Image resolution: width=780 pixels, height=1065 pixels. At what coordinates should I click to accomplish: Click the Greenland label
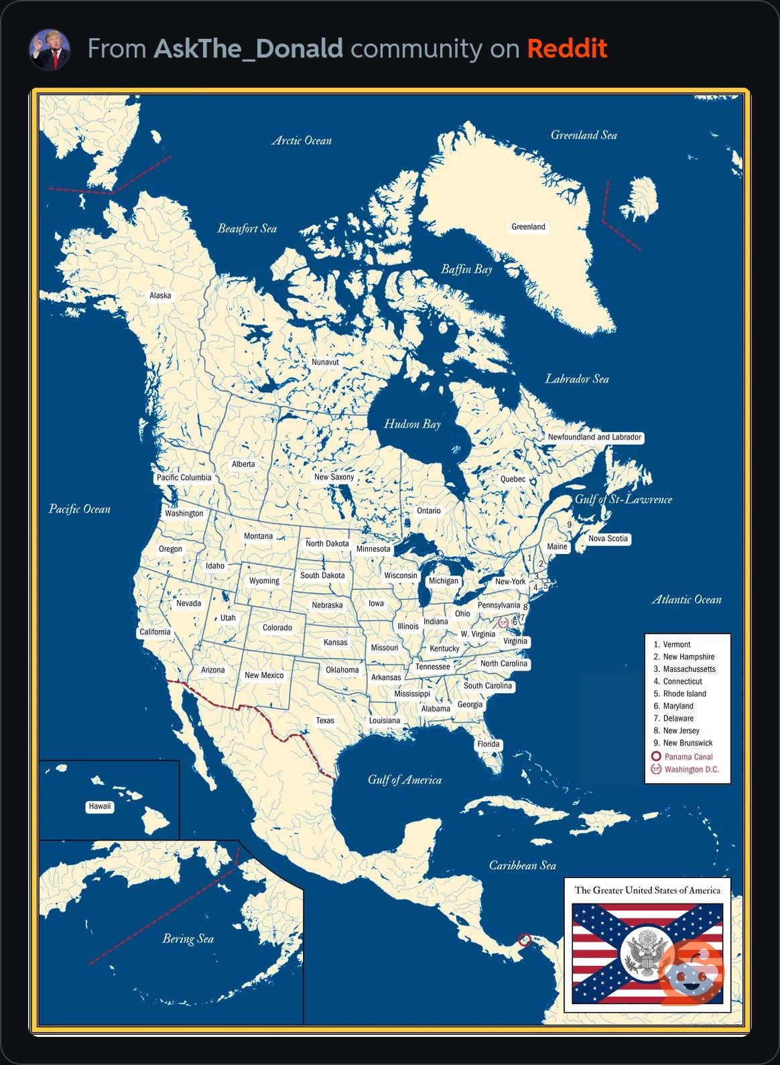(528, 227)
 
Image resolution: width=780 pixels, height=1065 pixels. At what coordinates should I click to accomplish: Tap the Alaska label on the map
(160, 295)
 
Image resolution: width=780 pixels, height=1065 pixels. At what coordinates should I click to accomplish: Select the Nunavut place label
(325, 362)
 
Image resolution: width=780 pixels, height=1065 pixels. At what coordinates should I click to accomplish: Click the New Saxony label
(334, 477)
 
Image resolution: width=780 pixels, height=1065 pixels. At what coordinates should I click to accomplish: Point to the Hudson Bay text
(412, 424)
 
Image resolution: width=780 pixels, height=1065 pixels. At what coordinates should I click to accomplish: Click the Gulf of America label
(405, 780)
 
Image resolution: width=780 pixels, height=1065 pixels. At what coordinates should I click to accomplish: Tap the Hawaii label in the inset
(100, 806)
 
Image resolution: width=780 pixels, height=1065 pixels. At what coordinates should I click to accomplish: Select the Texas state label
(325, 721)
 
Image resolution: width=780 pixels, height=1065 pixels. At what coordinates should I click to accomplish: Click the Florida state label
(489, 744)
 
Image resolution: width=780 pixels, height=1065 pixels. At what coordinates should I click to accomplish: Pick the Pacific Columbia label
(184, 478)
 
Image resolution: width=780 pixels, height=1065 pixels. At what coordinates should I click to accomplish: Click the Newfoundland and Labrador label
(594, 437)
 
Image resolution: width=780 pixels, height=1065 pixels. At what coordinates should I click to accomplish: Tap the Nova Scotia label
(608, 539)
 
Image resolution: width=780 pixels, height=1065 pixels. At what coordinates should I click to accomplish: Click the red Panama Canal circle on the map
(525, 940)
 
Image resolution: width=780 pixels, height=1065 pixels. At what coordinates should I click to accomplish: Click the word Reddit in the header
(567, 49)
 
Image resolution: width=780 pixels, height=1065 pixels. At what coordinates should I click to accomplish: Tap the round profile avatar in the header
(50, 50)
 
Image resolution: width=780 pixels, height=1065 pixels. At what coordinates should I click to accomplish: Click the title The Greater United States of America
(647, 890)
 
